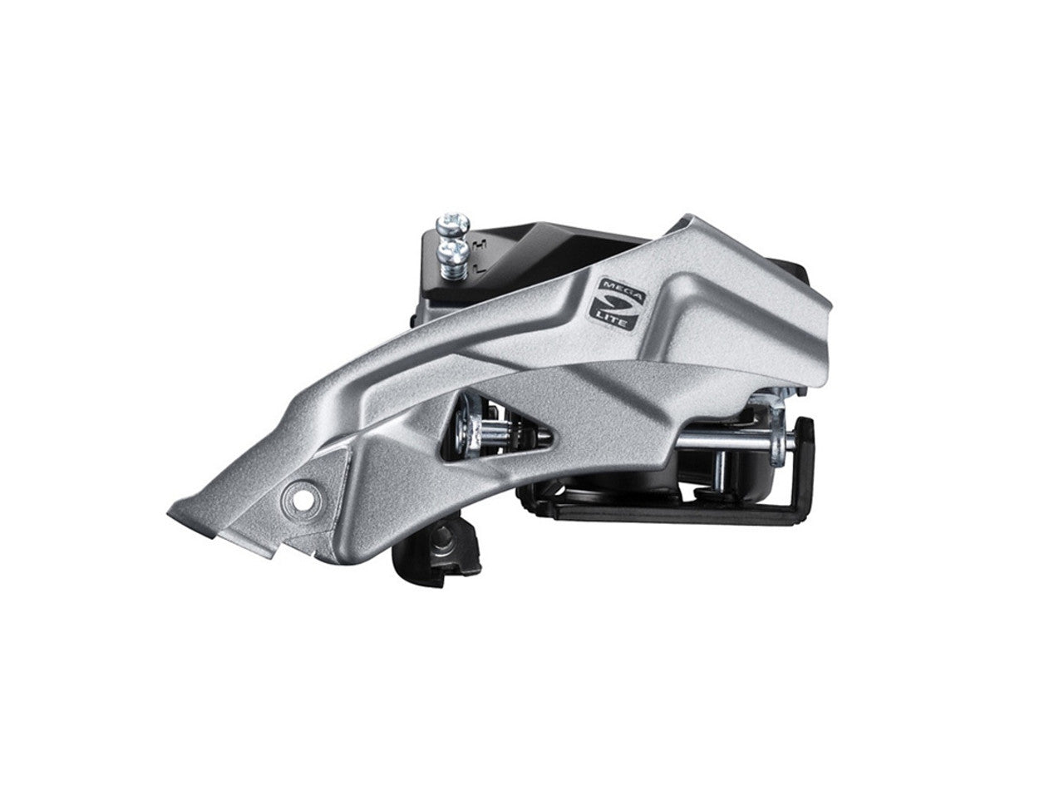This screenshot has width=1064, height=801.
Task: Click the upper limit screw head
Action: point(452,224)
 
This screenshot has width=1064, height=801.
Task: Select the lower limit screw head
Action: point(451,252)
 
